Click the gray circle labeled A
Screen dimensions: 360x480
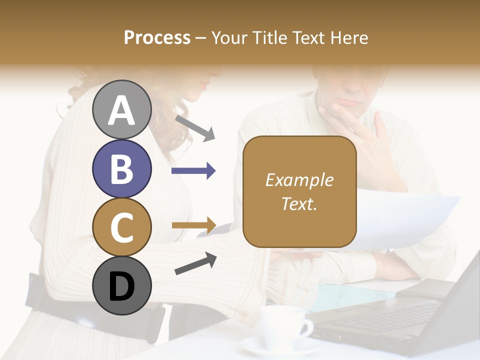pyautogui.click(x=121, y=110)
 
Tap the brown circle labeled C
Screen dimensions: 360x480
pyautogui.click(x=121, y=227)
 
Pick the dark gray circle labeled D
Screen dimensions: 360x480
pyautogui.click(x=121, y=285)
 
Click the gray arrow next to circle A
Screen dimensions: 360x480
pyautogui.click(x=194, y=127)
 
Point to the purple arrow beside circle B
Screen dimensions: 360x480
pyautogui.click(x=193, y=171)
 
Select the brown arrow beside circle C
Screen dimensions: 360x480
pyautogui.click(x=193, y=225)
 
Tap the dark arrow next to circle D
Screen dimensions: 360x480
pyautogui.click(x=195, y=263)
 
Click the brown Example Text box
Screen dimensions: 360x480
pyautogui.click(x=299, y=192)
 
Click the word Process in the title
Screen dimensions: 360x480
pyautogui.click(x=157, y=38)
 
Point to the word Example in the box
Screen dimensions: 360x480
pyautogui.click(x=299, y=180)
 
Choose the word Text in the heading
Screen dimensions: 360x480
pyautogui.click(x=314, y=38)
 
